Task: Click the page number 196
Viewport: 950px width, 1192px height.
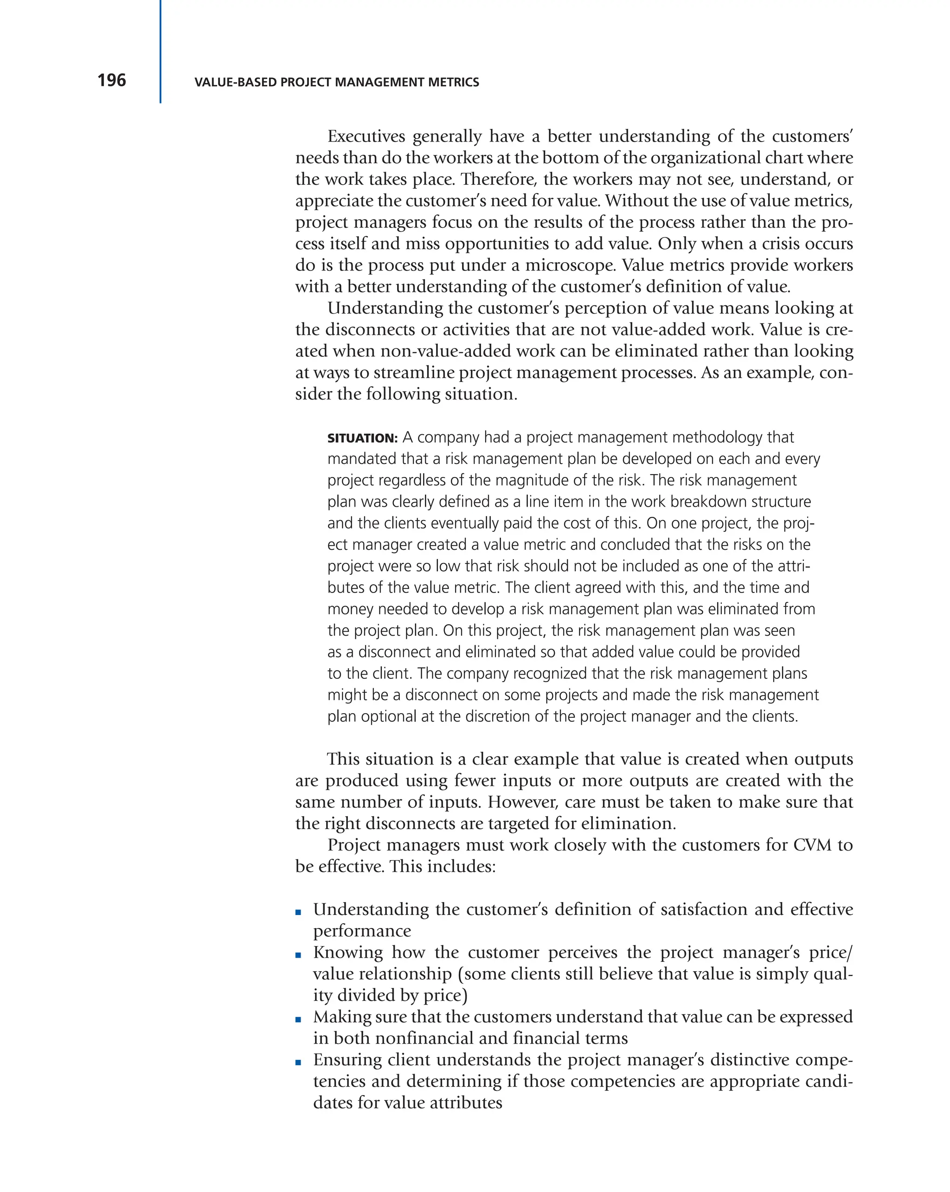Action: pos(112,80)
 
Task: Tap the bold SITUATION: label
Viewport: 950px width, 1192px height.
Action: pos(362,438)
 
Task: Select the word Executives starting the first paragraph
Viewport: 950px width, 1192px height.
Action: pos(366,136)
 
